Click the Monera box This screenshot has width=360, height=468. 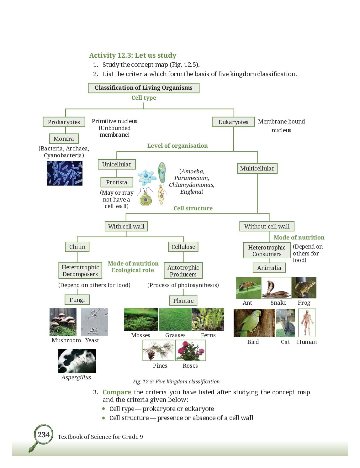tap(64, 139)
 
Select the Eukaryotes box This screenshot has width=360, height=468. tap(233, 122)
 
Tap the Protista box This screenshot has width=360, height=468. tap(117, 182)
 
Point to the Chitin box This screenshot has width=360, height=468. tap(77, 247)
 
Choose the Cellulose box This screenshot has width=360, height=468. tap(183, 247)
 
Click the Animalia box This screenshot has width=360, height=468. tap(269, 268)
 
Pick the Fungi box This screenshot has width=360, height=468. tap(77, 300)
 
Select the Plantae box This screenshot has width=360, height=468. tap(183, 300)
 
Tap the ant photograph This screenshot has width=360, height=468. tap(249, 288)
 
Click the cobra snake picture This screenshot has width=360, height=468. tap(276, 288)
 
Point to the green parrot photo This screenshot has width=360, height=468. tap(254, 323)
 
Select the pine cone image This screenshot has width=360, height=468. tap(158, 350)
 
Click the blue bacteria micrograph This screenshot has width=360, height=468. tap(64, 173)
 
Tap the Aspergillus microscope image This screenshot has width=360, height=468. tap(77, 361)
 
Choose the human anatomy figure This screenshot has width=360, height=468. tap(307, 323)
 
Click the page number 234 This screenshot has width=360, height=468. tap(44, 434)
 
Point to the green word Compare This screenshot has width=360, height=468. tap(117, 392)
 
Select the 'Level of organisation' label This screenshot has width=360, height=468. tap(177, 145)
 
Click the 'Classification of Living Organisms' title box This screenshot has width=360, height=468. tap(144, 88)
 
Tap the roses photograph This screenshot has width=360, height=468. tap(190, 350)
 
